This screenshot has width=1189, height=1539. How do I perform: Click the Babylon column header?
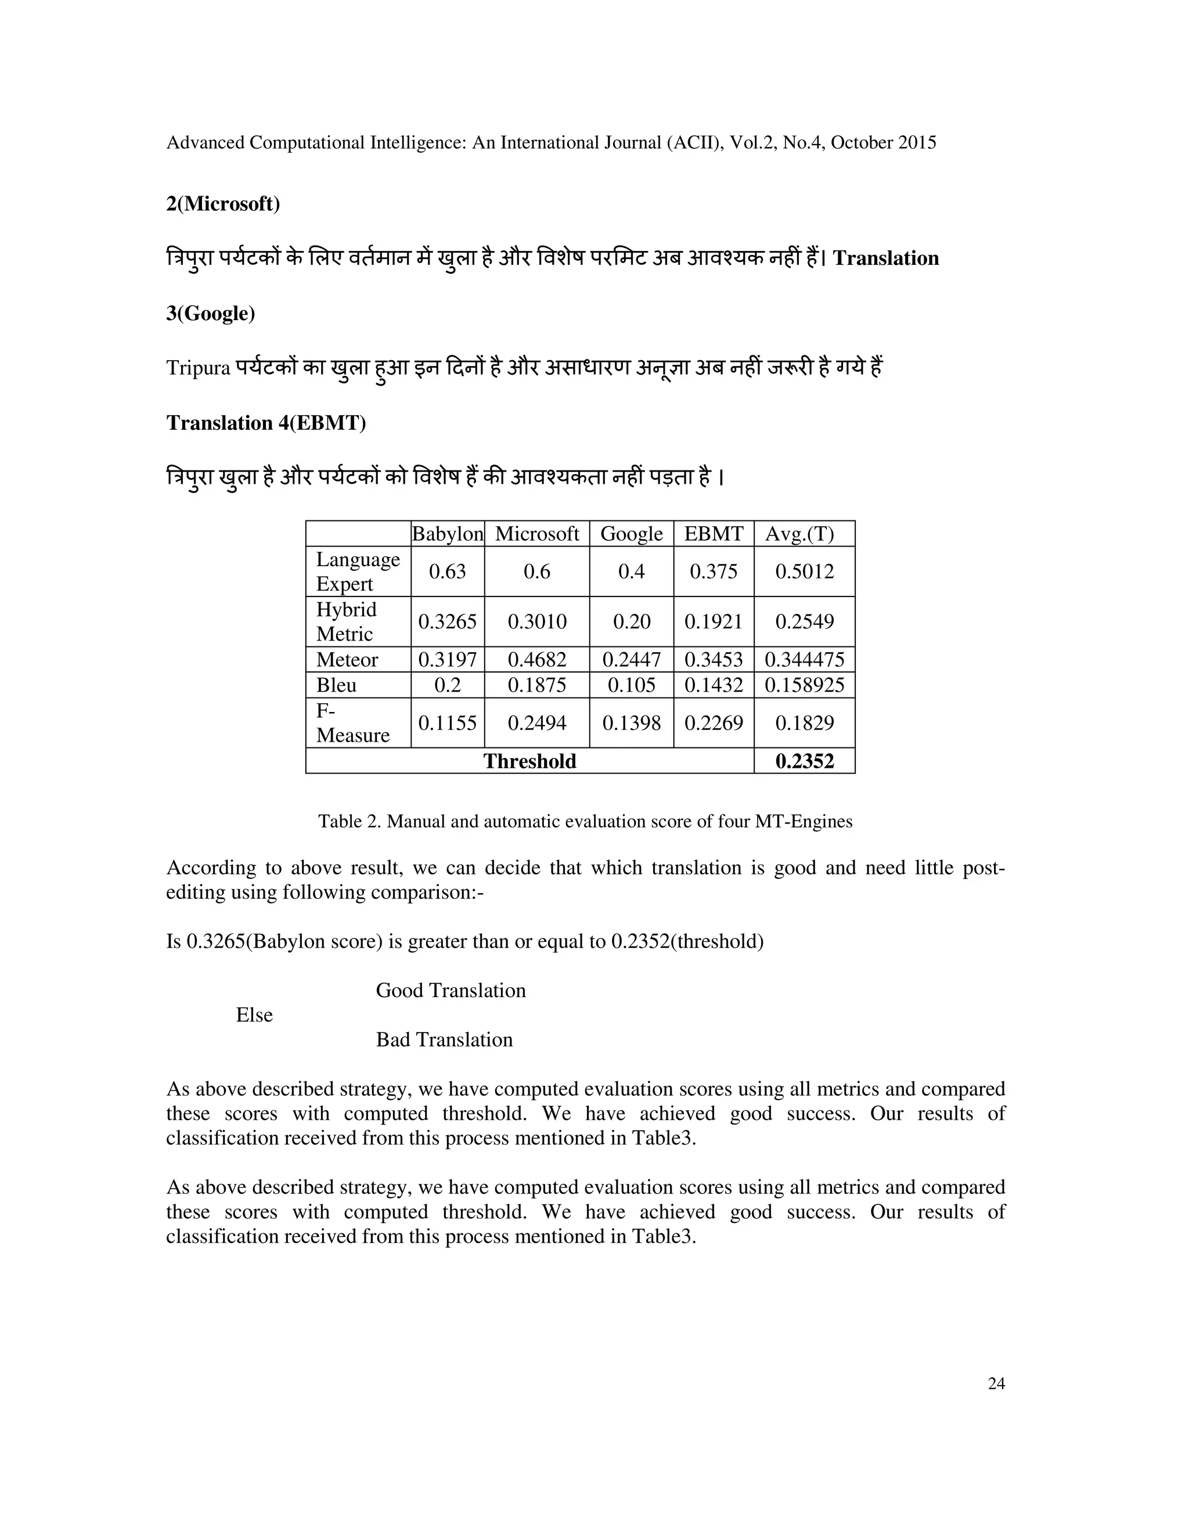click(447, 534)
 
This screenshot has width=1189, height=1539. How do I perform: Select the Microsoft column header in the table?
click(537, 534)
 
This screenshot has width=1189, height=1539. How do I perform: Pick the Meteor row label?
click(347, 660)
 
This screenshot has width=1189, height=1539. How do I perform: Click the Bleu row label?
click(336, 685)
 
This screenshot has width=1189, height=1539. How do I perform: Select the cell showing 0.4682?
click(537, 660)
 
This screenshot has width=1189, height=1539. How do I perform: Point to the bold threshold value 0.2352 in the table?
click(805, 761)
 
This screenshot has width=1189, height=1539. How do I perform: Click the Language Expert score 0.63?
click(447, 571)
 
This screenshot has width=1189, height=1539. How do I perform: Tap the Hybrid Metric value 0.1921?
click(714, 621)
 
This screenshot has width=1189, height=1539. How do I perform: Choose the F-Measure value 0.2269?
click(714, 723)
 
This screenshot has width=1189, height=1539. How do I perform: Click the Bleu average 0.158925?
click(805, 685)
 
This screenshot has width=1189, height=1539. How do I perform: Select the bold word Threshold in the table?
click(529, 761)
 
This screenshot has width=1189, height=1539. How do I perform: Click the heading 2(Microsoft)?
click(222, 204)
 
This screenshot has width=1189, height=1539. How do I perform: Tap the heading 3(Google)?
click(211, 313)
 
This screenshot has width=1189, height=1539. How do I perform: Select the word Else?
click(254, 1015)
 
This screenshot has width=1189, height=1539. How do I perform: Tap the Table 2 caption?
click(585, 822)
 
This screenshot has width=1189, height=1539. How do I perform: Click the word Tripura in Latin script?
click(198, 368)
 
